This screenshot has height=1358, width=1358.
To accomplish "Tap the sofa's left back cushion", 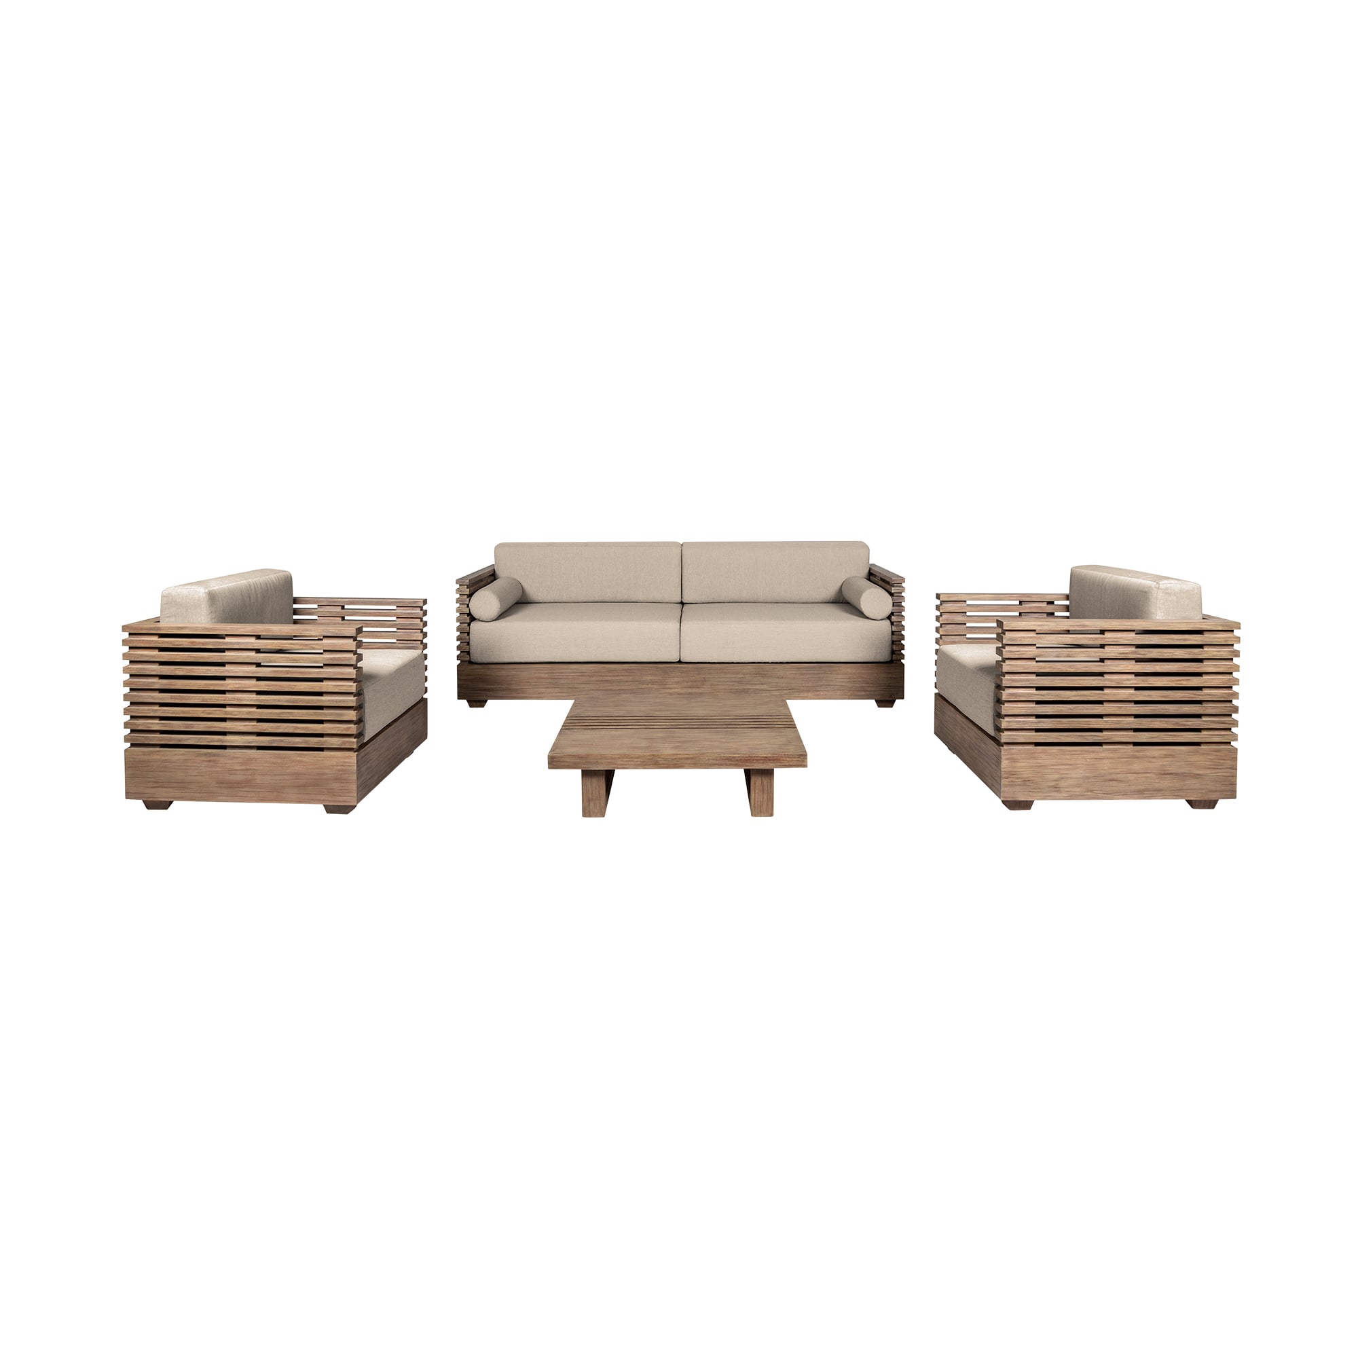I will tap(587, 572).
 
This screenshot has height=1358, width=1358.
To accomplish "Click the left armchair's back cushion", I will tap(226, 597).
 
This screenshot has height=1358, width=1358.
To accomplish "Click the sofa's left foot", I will tap(477, 701).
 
